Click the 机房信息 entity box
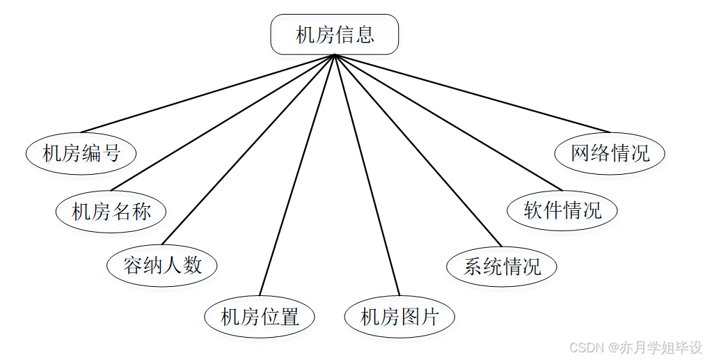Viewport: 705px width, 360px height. pyautogui.click(x=334, y=35)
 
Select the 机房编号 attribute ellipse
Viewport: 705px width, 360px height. pyautogui.click(x=81, y=153)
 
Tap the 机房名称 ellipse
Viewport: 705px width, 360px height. pyautogui.click(x=111, y=211)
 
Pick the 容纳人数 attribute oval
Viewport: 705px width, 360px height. pyautogui.click(x=162, y=265)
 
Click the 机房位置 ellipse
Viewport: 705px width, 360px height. pyautogui.click(x=260, y=318)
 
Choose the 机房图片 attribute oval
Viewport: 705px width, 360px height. pyautogui.click(x=399, y=318)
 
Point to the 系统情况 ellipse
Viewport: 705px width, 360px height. pyautogui.click(x=501, y=266)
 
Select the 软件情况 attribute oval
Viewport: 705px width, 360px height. pyautogui.click(x=562, y=210)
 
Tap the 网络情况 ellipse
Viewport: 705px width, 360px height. pyautogui.click(x=610, y=153)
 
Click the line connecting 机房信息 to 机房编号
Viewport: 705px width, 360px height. pyautogui.click(x=207, y=93)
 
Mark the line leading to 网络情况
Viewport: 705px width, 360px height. pyautogui.click(x=472, y=93)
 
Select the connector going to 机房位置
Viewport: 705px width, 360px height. pyautogui.click(x=297, y=175)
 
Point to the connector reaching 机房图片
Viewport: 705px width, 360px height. pyautogui.click(x=367, y=175)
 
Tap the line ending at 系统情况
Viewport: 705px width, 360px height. pyautogui.click(x=418, y=151)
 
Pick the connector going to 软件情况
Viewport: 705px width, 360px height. pyautogui.click(x=447, y=122)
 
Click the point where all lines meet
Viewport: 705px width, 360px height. pyautogui.click(x=335, y=56)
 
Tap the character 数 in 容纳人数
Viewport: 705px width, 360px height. pyautogui.click(x=192, y=265)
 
